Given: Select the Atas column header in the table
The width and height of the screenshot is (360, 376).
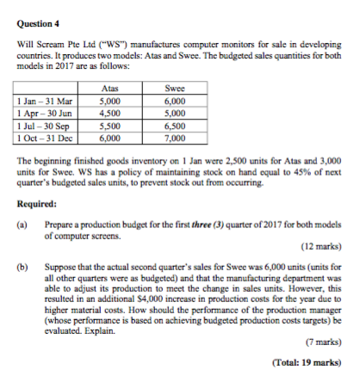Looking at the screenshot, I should (x=109, y=89).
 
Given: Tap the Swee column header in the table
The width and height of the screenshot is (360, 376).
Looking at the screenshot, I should (x=175, y=89).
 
